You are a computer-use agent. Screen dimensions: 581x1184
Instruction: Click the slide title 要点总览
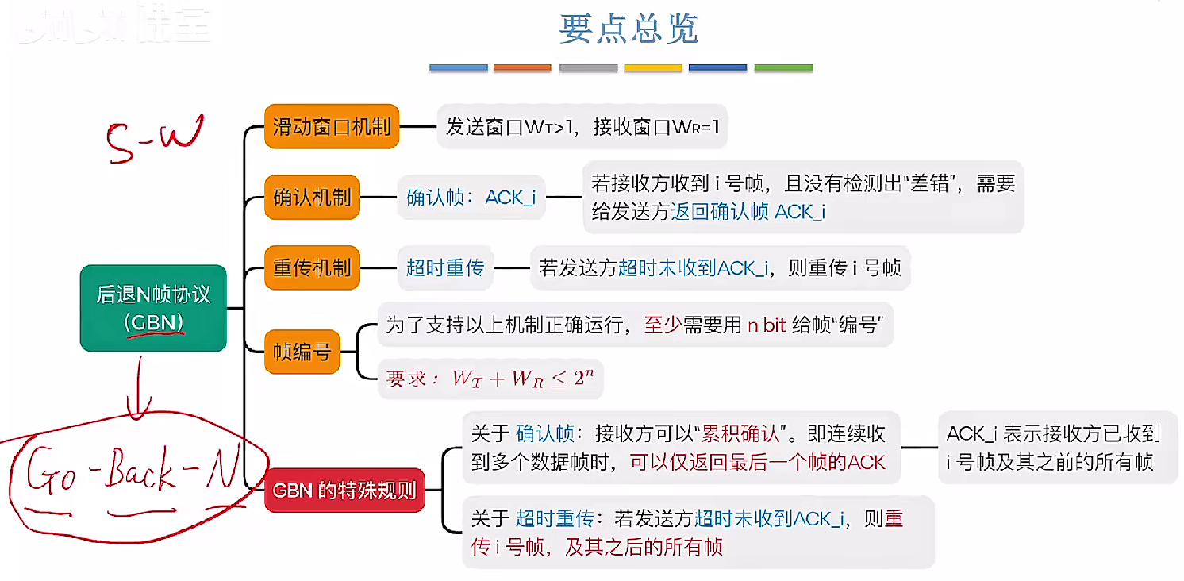pyautogui.click(x=629, y=29)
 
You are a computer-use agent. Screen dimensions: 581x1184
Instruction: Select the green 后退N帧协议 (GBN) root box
pyautogui.click(x=153, y=308)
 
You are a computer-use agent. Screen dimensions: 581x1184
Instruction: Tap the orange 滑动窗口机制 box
pyautogui.click(x=332, y=126)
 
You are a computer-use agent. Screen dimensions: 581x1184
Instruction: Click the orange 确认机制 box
pyautogui.click(x=312, y=197)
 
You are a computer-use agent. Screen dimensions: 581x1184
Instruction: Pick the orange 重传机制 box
pyautogui.click(x=312, y=267)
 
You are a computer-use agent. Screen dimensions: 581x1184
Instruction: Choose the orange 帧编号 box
pyautogui.click(x=302, y=351)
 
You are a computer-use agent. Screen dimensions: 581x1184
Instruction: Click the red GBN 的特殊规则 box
pyautogui.click(x=344, y=490)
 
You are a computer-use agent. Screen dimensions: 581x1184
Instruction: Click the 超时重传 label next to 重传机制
pyautogui.click(x=444, y=267)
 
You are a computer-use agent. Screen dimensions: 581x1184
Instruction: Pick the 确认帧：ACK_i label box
pyautogui.click(x=471, y=197)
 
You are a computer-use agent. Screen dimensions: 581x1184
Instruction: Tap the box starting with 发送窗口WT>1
pyautogui.click(x=582, y=126)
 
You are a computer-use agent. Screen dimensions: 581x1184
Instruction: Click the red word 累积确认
pyautogui.click(x=744, y=433)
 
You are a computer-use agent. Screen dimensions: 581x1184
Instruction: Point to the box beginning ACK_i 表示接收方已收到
pyautogui.click(x=1057, y=447)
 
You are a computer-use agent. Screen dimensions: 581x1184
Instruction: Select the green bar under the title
pyautogui.click(x=782, y=68)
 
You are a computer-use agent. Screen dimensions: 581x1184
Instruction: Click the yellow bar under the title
pyautogui.click(x=652, y=68)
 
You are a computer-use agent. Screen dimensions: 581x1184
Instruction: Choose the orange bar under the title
pyautogui.click(x=522, y=68)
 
